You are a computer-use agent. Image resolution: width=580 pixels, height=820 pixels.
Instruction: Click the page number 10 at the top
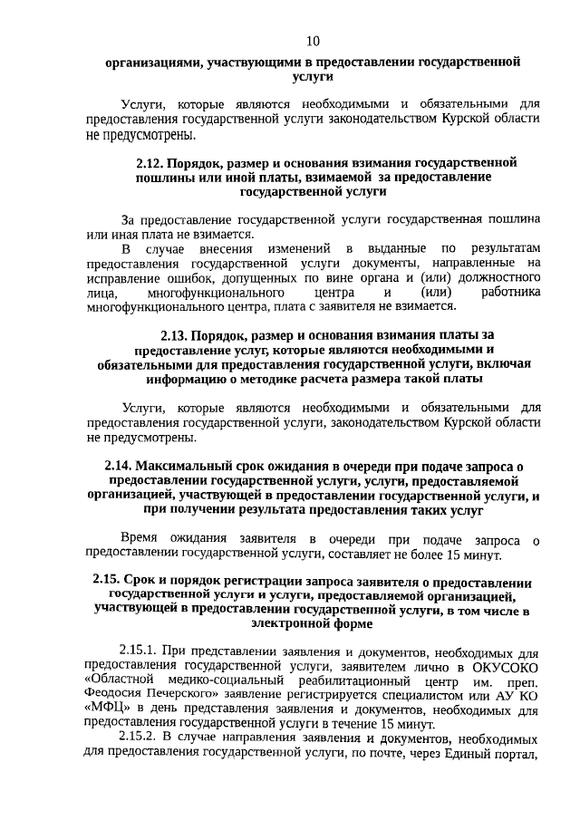(313, 40)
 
